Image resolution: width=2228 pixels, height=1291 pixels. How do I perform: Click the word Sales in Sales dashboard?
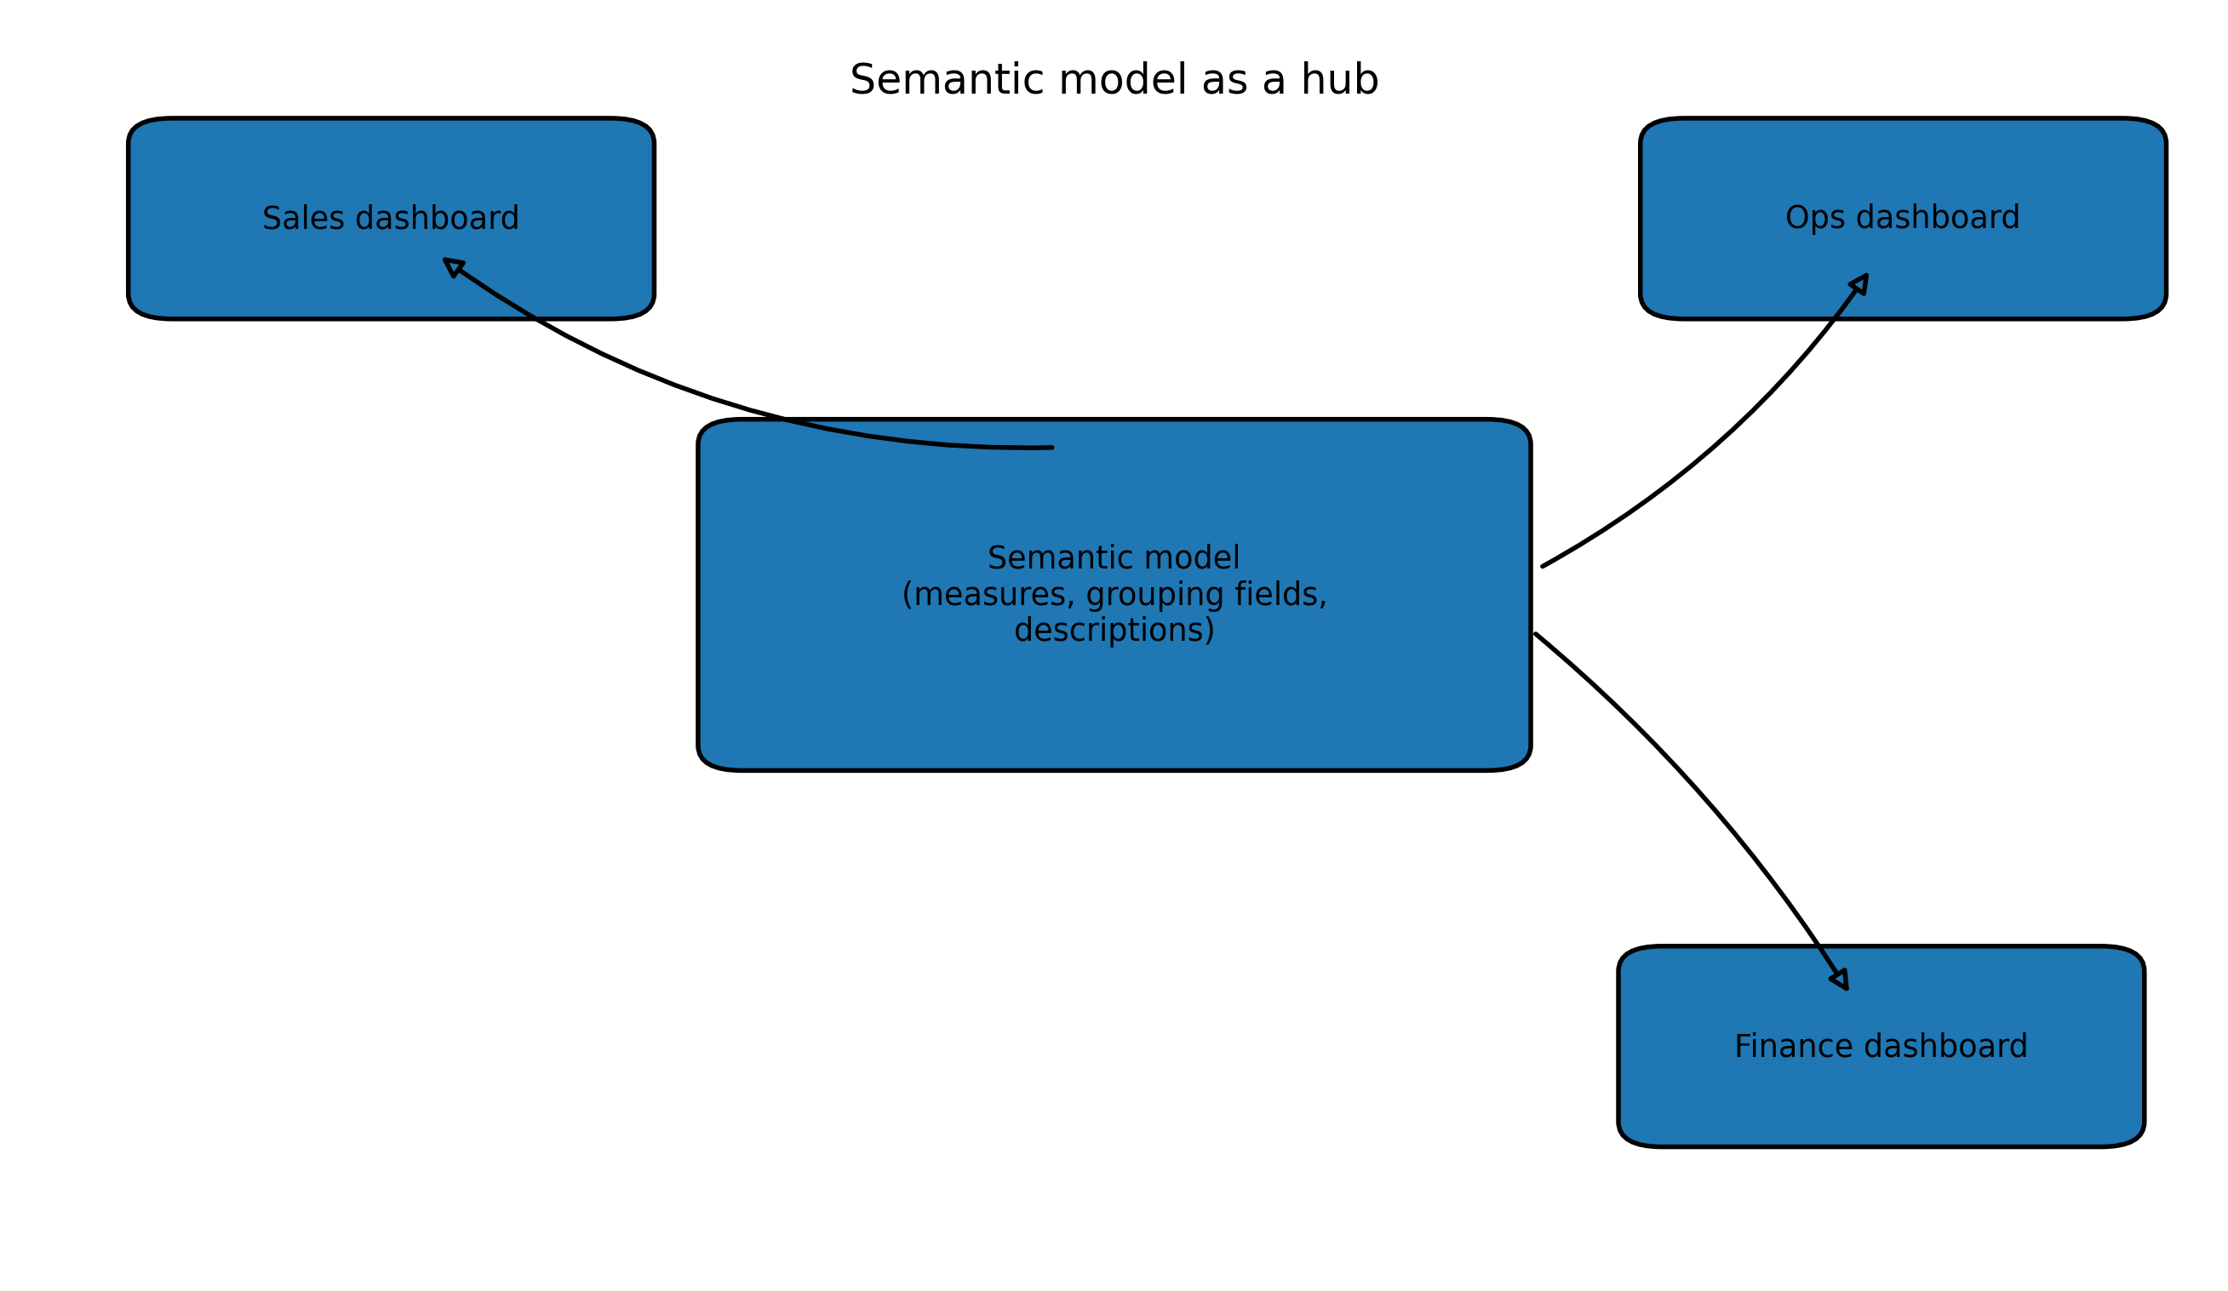click(x=297, y=220)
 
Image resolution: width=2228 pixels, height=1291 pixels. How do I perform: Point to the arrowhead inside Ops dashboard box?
click(x=1860, y=283)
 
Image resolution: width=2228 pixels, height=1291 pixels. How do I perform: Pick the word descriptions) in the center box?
click(x=1114, y=631)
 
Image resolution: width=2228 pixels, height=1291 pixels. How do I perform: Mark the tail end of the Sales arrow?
click(x=1051, y=448)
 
